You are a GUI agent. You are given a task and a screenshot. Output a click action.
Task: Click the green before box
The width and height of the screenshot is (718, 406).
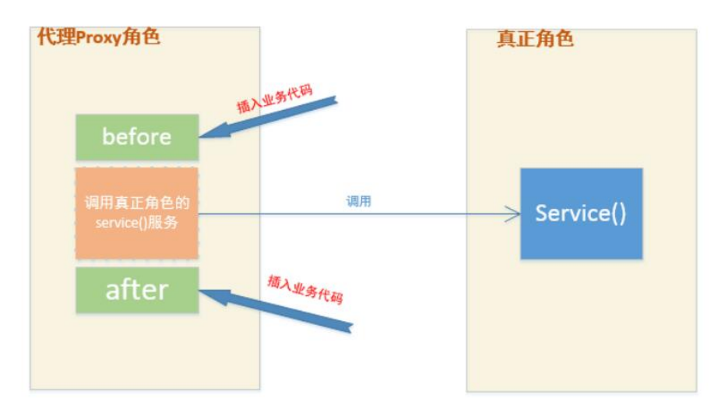coord(136,136)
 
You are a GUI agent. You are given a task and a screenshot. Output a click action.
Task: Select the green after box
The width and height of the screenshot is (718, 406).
coord(136,290)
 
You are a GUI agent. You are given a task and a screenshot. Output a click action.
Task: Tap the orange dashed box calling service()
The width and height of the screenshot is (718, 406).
coord(136,212)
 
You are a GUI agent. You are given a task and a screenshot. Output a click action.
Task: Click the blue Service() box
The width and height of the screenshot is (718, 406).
coord(581,214)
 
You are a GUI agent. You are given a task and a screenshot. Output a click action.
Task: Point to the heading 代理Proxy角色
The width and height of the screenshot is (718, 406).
coord(98,36)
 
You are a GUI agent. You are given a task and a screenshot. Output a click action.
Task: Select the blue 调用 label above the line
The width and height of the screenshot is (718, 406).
coord(358,201)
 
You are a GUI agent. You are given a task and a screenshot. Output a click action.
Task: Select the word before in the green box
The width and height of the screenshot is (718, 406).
coord(136,136)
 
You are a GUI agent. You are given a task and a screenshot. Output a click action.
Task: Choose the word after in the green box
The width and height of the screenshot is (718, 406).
coord(136,290)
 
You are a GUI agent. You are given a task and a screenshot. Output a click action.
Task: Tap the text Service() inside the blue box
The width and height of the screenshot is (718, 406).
coord(581,214)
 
